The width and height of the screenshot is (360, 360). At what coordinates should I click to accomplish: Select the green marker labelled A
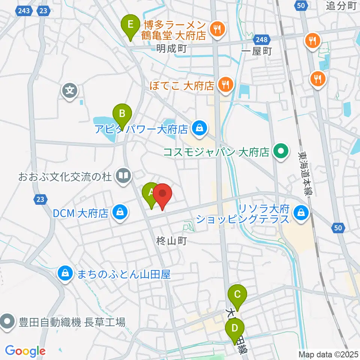[x=151, y=194]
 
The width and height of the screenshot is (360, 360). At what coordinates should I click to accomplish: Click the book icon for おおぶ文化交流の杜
[x=122, y=175]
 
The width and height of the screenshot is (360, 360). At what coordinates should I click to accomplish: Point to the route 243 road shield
[x=23, y=11]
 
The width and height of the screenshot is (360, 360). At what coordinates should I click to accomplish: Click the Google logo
[x=25, y=351]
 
